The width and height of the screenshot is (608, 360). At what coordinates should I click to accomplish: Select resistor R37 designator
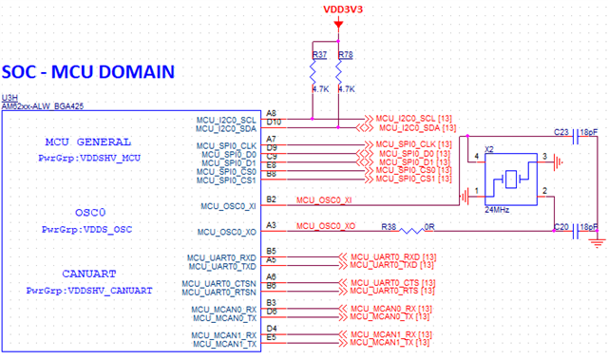(318, 56)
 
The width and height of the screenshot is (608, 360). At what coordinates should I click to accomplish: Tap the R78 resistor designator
(345, 56)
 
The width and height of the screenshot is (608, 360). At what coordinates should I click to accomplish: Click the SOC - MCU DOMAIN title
(87, 71)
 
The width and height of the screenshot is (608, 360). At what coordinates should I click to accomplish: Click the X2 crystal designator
(490, 149)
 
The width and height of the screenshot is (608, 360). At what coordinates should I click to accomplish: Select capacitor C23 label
(560, 132)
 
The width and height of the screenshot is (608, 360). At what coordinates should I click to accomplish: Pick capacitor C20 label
(560, 228)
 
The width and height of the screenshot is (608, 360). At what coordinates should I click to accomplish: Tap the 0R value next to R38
(430, 225)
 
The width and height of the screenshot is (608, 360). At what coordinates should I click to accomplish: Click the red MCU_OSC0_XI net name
(324, 200)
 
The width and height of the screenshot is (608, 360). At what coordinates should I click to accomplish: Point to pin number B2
(272, 199)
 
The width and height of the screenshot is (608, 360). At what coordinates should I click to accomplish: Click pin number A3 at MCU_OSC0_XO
(272, 224)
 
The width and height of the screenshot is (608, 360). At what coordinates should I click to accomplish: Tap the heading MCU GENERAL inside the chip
(91, 142)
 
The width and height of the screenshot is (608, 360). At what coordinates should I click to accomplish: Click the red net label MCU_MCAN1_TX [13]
(390, 343)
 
